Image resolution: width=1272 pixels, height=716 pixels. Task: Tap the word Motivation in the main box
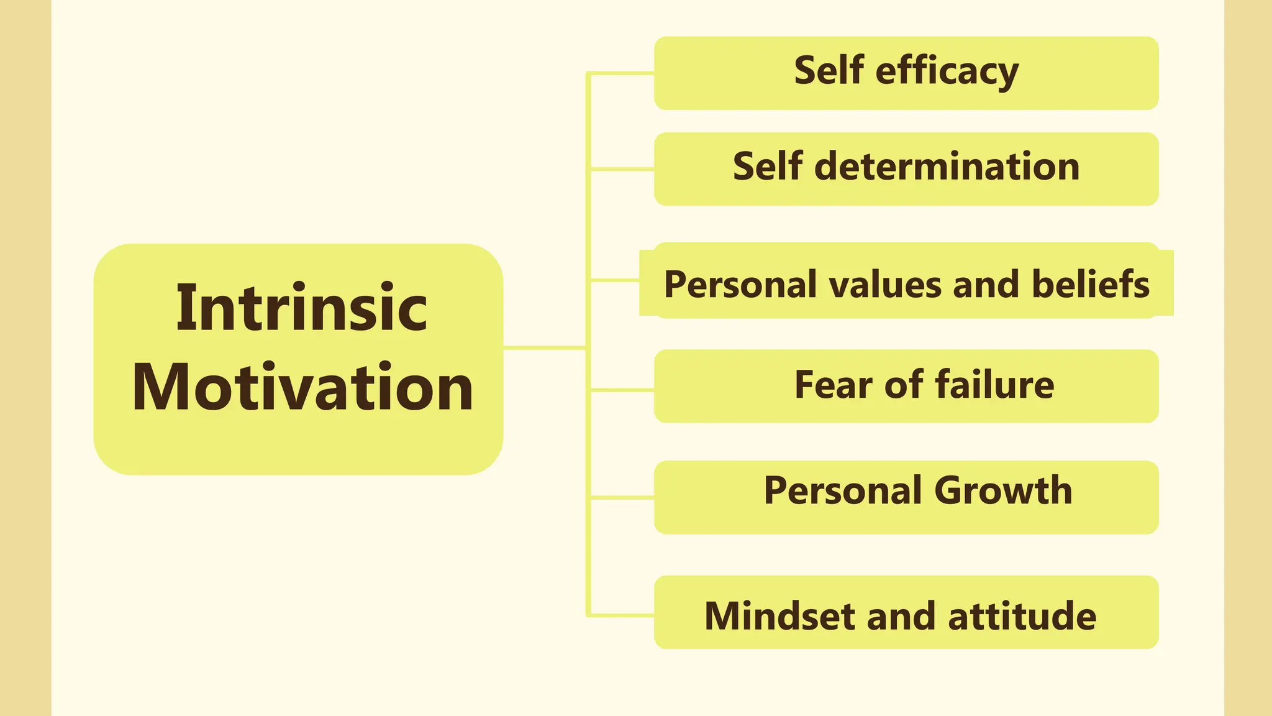[x=302, y=387]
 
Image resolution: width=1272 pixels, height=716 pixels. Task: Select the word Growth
[x=1002, y=490]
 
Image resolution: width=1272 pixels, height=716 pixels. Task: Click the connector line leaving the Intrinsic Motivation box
[x=544, y=347]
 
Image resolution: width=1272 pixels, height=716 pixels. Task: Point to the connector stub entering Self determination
[x=621, y=169]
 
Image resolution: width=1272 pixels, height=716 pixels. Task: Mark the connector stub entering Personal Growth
[x=621, y=497]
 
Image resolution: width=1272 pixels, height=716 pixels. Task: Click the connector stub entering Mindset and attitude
[x=621, y=615]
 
